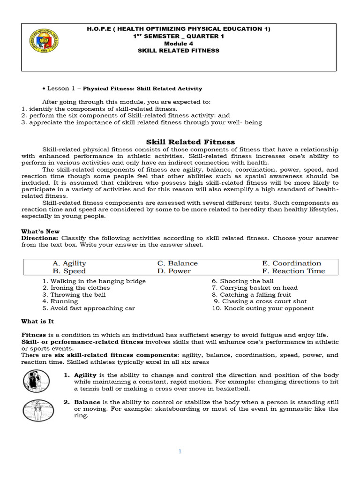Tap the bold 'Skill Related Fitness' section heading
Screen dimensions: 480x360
click(x=190, y=142)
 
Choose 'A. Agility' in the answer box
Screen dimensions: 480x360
click(x=69, y=263)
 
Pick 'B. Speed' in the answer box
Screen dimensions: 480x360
click(x=69, y=271)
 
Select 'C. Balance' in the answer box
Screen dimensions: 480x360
click(x=177, y=263)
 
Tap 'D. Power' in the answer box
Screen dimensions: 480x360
click(x=174, y=271)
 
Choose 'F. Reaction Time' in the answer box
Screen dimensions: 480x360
click(x=293, y=271)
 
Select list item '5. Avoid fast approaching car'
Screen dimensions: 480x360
click(x=89, y=308)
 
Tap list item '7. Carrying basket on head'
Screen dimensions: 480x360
click(x=255, y=288)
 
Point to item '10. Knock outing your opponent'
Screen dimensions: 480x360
click(x=263, y=308)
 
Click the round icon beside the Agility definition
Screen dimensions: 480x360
click(x=36, y=381)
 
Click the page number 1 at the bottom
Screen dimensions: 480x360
click(x=180, y=451)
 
